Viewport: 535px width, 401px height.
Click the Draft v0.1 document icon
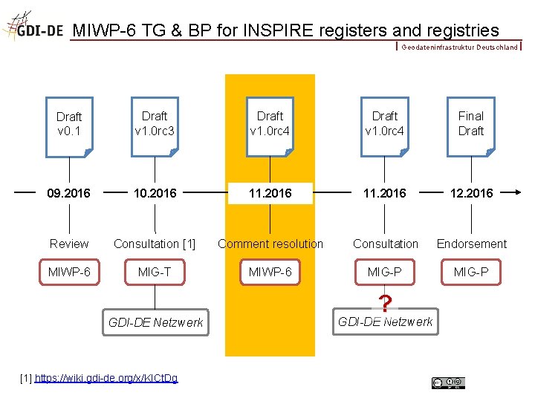pos(69,126)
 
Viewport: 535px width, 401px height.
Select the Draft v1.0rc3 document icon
pos(155,126)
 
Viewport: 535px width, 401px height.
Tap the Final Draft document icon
pos(470,126)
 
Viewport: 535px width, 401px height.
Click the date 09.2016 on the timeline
pos(69,193)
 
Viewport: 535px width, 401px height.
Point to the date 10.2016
pos(155,193)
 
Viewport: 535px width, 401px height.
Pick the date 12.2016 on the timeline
pos(470,193)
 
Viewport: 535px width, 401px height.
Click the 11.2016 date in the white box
pos(270,193)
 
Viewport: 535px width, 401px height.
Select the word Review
pos(69,244)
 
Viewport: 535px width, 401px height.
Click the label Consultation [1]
pos(155,244)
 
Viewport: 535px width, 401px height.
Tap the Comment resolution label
pos(270,244)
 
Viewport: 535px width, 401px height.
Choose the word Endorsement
pos(471,244)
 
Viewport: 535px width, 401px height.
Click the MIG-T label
pos(155,272)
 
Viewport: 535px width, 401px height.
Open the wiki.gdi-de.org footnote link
pos(106,379)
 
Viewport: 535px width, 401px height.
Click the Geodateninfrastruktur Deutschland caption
pos(459,47)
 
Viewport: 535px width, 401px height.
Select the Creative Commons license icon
pos(449,382)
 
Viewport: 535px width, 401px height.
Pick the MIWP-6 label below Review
pos(69,272)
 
